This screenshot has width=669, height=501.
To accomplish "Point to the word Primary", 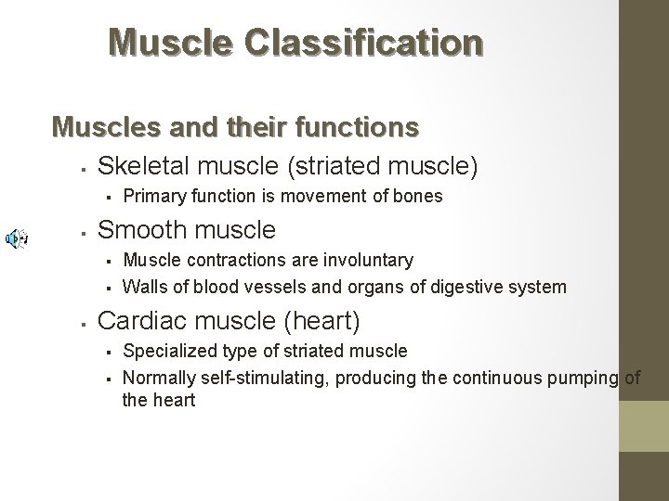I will (x=153, y=197).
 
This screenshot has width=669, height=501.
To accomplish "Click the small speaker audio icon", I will (x=16, y=238).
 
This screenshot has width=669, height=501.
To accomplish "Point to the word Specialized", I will (x=169, y=351).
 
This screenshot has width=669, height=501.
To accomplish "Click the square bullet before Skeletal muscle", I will (x=84, y=169).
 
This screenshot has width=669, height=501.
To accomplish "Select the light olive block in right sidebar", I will (x=644, y=428).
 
